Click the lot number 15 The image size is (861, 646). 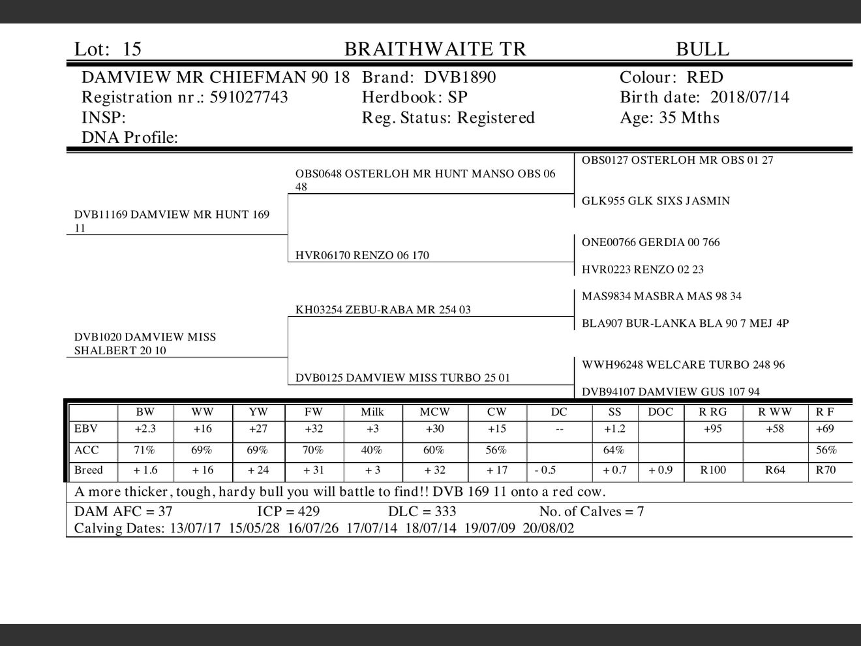(132, 49)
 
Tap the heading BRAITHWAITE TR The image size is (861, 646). (434, 49)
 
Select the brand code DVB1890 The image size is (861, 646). (459, 78)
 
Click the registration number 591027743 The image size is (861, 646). (249, 97)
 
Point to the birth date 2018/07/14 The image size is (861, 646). (749, 97)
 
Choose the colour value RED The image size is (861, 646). (704, 78)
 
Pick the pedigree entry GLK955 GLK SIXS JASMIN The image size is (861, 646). (656, 201)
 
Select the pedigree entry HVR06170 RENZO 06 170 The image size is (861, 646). (362, 255)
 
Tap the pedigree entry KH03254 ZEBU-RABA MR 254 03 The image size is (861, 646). (382, 309)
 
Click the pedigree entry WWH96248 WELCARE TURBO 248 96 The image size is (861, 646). (683, 365)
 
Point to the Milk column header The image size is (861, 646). (372, 412)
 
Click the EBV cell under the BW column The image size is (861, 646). (145, 429)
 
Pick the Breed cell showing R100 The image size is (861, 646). (712, 470)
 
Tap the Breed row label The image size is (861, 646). (89, 470)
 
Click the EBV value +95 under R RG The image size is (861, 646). (712, 429)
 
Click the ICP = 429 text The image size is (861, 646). (288, 512)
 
